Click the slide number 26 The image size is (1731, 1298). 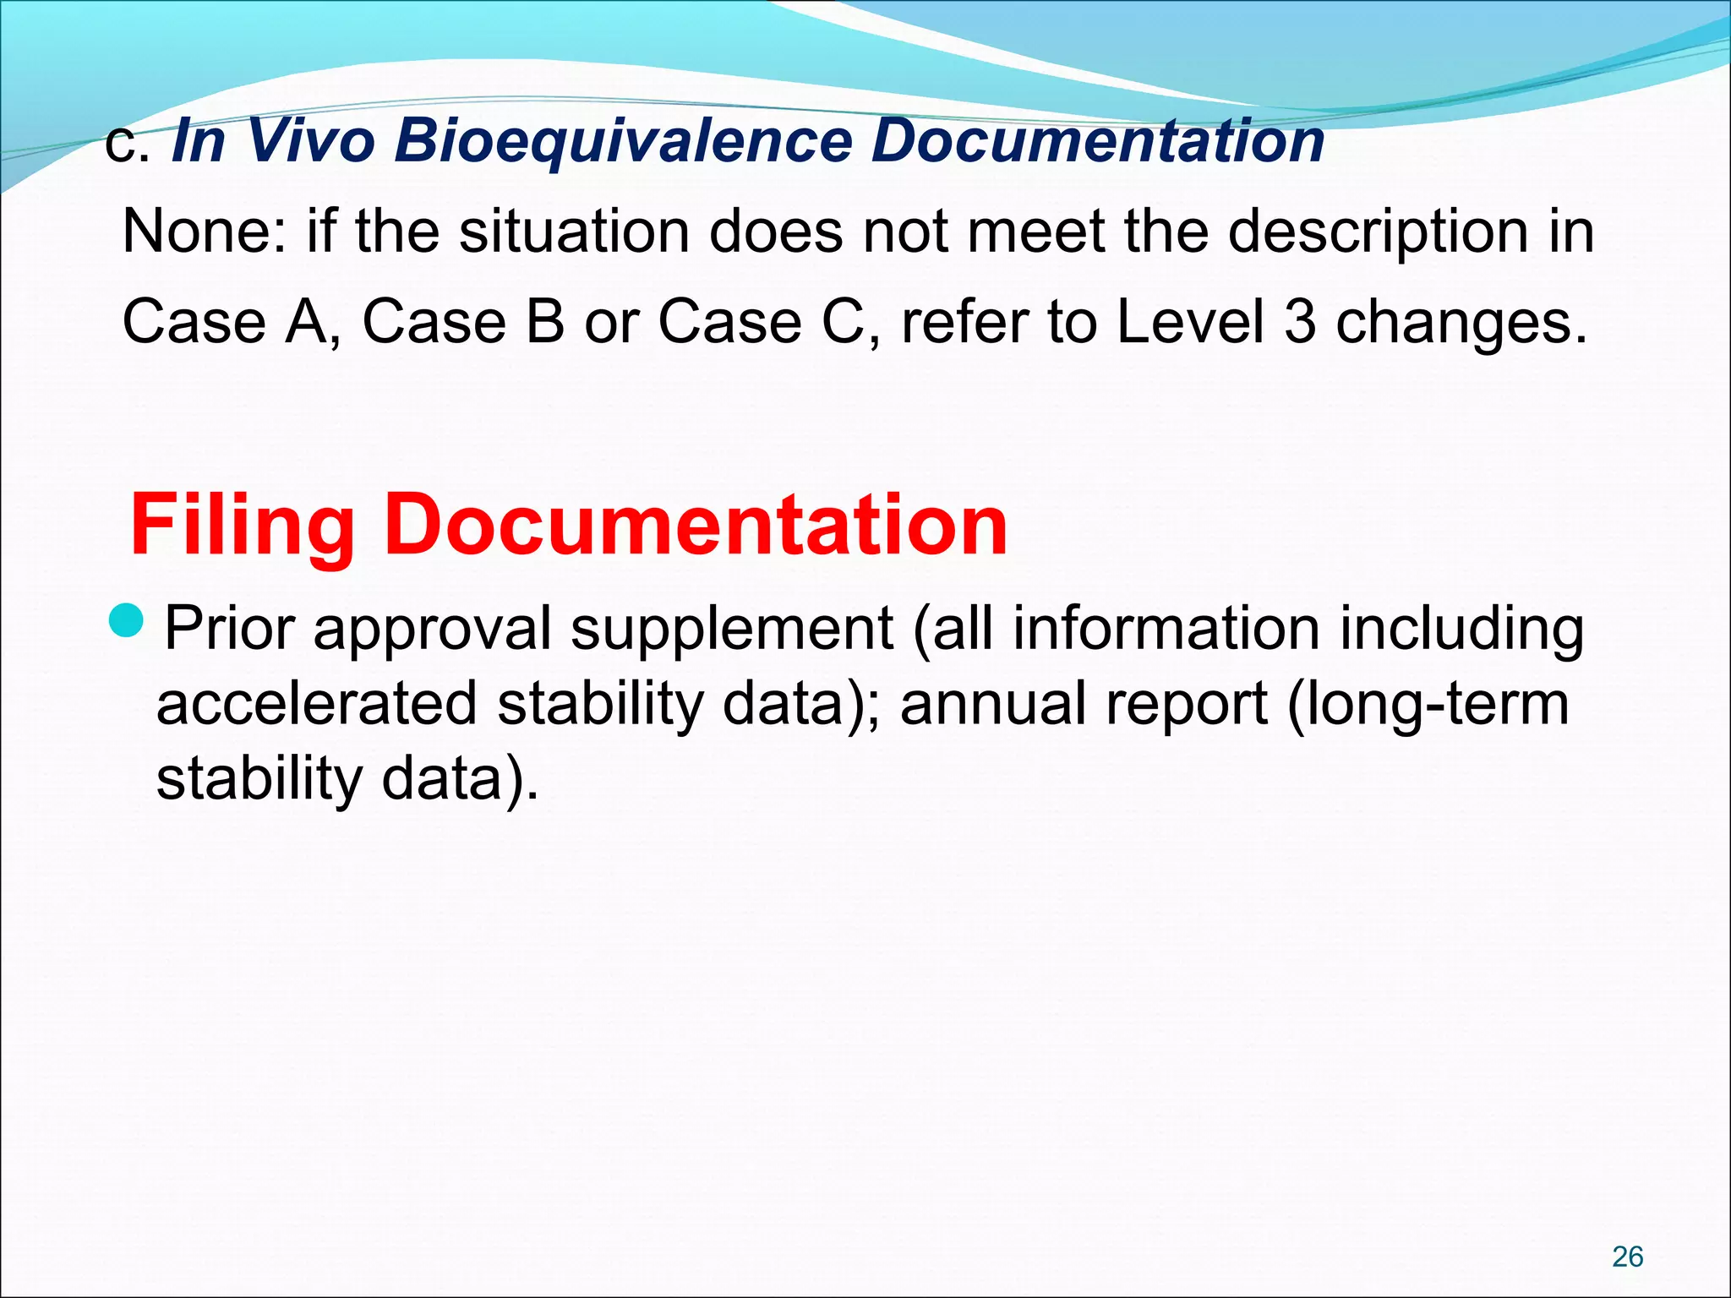tap(1627, 1257)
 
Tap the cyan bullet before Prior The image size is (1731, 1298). tap(128, 621)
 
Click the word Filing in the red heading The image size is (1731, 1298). tap(242, 526)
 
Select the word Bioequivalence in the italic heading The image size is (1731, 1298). tap(625, 140)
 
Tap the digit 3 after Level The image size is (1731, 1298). tap(1300, 322)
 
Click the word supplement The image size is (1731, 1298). tap(732, 629)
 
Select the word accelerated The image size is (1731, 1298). tap(317, 704)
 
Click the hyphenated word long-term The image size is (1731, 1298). tap(1428, 704)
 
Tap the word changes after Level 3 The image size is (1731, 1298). tap(1461, 324)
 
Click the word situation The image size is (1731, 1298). tap(574, 231)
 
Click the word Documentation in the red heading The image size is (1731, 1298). tap(696, 526)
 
